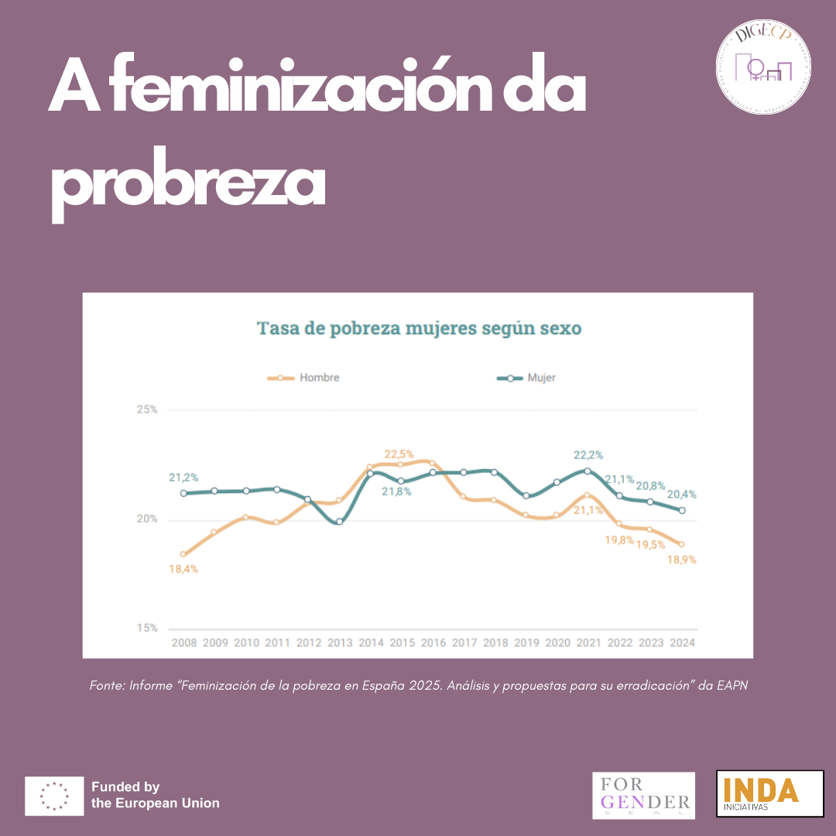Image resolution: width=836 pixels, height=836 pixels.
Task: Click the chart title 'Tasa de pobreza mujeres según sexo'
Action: coord(419,328)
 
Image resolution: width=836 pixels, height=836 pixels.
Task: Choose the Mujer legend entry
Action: coord(526,378)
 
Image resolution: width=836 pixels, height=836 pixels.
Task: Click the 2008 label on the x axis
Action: coord(183,643)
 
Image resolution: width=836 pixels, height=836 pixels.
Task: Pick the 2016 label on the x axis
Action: coord(432,643)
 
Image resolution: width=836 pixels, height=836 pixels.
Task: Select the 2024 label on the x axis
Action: coord(682,643)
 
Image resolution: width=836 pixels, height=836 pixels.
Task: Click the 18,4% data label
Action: coord(183,569)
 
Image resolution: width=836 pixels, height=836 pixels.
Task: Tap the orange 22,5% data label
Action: coord(399,454)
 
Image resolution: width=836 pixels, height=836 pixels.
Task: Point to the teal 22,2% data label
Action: coord(588,455)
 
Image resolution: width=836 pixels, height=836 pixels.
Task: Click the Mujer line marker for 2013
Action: coord(339,522)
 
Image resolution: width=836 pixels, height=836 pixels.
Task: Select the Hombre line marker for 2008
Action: coord(183,554)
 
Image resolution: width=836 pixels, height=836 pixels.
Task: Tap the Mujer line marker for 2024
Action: coord(682,510)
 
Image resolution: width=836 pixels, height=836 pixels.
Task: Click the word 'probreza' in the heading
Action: coord(187,186)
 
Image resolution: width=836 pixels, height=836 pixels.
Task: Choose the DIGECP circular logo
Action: coord(762,62)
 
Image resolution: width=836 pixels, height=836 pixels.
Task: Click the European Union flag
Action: coord(54,796)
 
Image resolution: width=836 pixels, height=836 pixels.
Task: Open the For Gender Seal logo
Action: coord(643,795)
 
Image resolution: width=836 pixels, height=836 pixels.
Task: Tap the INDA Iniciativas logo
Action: coord(769,793)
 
